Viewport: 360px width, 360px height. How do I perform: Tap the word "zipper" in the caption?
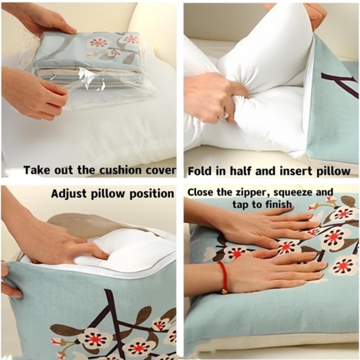coord(254,192)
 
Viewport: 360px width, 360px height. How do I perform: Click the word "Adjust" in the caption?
coord(68,194)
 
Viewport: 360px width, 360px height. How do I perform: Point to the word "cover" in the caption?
coord(162,170)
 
